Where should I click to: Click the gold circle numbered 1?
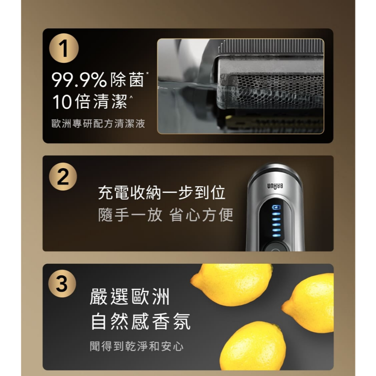[64, 48]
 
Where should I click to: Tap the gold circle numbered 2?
[63, 177]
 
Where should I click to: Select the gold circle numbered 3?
[62, 283]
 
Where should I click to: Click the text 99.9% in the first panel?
[79, 80]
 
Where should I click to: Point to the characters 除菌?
[127, 80]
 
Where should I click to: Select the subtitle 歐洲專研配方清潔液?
[98, 123]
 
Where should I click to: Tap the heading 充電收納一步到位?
[162, 192]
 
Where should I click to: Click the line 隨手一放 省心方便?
[166, 214]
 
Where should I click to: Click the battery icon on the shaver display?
[276, 207]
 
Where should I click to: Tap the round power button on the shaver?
[275, 248]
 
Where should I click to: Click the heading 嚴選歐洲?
[130, 297]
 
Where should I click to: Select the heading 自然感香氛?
[141, 322]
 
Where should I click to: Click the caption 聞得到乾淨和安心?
[137, 346]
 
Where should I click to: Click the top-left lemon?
[232, 285]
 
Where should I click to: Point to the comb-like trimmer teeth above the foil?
[271, 46]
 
